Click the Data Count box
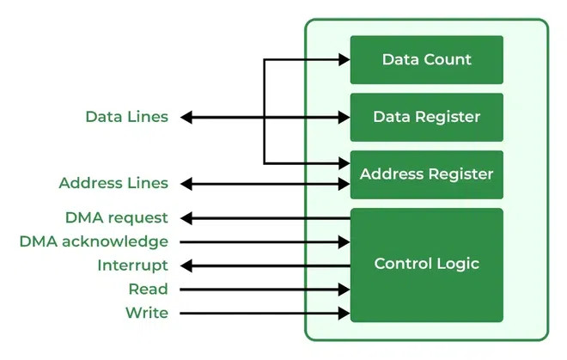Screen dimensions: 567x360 click(x=427, y=59)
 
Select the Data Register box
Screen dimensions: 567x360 click(x=427, y=117)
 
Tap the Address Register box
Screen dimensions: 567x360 click(x=427, y=174)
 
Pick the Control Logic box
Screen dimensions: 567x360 click(x=427, y=265)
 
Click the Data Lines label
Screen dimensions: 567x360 click(x=127, y=117)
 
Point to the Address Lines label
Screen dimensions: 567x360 click(x=113, y=183)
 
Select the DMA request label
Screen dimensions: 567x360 click(x=117, y=218)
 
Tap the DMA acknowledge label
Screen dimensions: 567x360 click(x=94, y=241)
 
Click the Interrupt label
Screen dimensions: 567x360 click(x=132, y=265)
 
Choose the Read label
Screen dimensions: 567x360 click(x=149, y=289)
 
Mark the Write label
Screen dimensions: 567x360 click(x=147, y=313)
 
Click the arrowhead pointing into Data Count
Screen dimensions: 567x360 click(x=344, y=59)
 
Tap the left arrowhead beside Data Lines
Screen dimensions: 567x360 click(x=186, y=117)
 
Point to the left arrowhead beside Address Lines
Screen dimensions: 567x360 click(x=186, y=184)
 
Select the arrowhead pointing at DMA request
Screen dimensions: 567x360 click(x=186, y=218)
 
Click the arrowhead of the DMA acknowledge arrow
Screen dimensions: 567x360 click(x=344, y=242)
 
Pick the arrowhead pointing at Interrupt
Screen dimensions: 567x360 click(x=186, y=266)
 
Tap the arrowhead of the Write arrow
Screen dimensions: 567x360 click(x=344, y=314)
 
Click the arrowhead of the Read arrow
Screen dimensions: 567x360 click(x=344, y=290)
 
